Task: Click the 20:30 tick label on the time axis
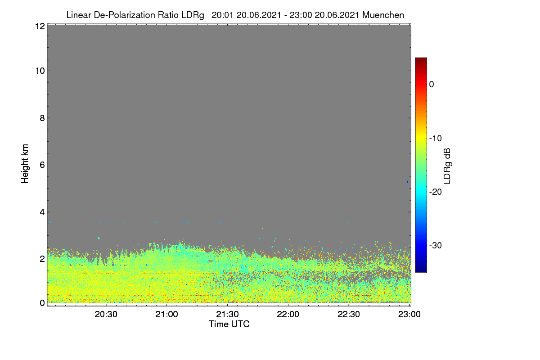(x=106, y=315)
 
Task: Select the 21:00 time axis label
(x=166, y=315)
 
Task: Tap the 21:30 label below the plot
(x=227, y=315)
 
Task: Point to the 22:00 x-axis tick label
(x=288, y=315)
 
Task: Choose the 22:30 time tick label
(x=349, y=315)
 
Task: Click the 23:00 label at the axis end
(x=409, y=315)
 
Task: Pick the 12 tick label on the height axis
(x=40, y=26)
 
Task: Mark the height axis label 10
(x=40, y=71)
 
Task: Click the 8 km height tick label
(x=42, y=118)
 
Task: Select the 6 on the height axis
(x=42, y=165)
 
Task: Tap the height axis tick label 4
(x=42, y=212)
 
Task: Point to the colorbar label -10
(x=436, y=139)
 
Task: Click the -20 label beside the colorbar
(x=436, y=192)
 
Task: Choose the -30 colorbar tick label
(x=436, y=245)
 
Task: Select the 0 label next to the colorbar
(x=432, y=85)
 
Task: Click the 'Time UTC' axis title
(x=229, y=324)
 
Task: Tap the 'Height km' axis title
(x=25, y=164)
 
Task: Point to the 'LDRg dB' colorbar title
(x=447, y=166)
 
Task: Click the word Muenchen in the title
(x=383, y=15)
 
